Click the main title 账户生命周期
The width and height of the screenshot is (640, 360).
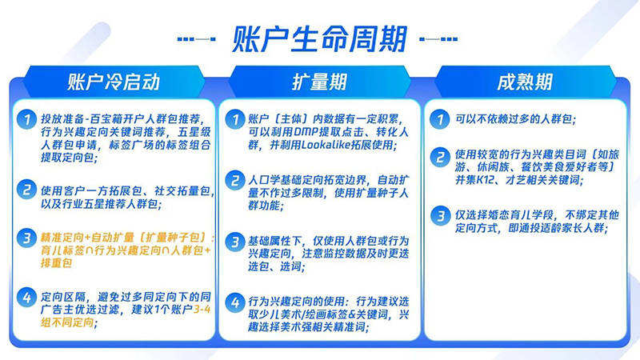320,38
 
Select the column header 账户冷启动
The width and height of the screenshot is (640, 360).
114,82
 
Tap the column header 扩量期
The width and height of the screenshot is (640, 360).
319,82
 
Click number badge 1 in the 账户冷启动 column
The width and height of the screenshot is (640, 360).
29,119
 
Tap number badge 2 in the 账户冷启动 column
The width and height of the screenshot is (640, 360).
29,190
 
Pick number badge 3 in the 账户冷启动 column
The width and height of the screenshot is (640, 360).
29,238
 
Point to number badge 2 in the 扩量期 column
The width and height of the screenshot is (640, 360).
234,178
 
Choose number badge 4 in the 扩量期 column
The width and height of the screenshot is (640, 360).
234,302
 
